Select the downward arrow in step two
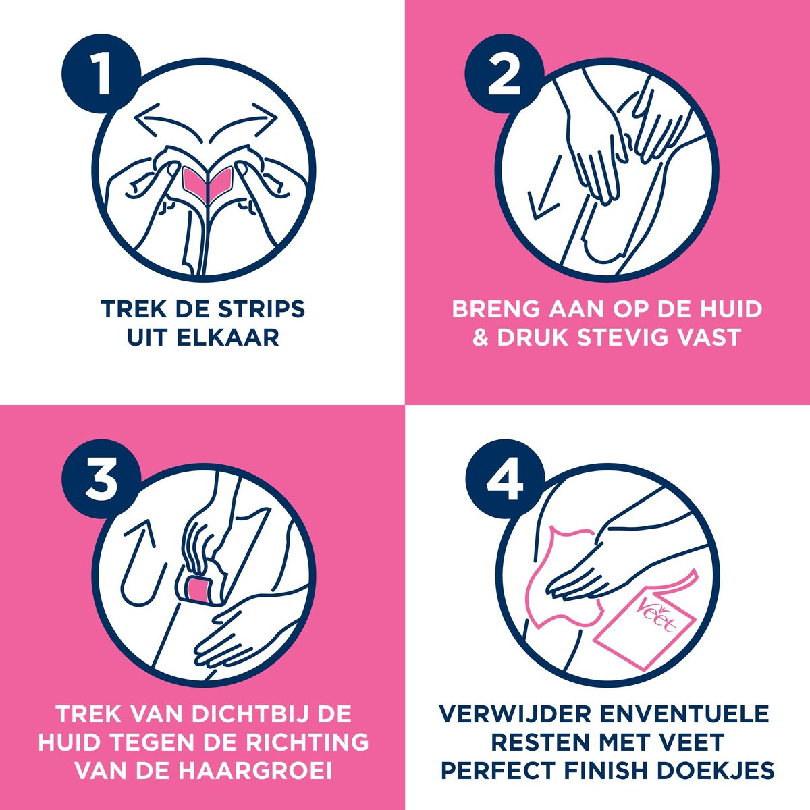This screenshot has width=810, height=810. (x=540, y=196)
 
